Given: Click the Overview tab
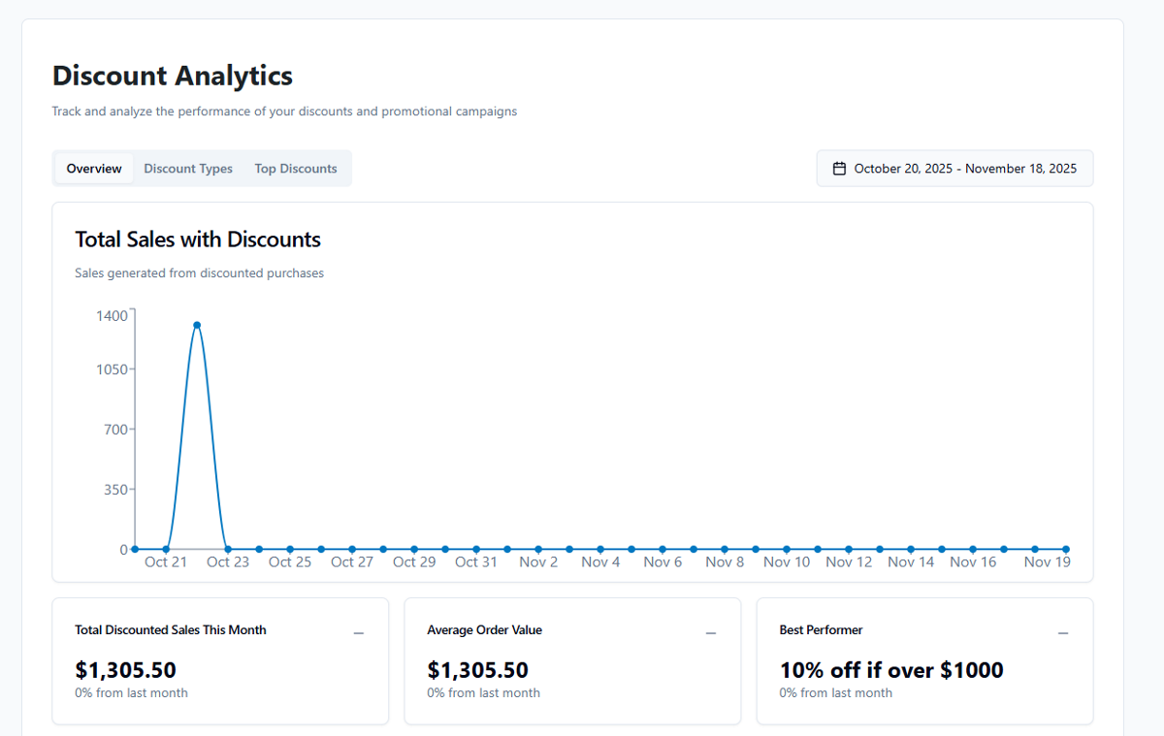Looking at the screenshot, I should point(94,169).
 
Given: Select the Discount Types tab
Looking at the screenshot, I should point(188,169).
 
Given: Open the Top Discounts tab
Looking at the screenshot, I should point(296,169).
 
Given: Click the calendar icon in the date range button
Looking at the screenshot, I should point(840,169).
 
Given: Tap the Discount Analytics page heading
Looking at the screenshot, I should point(173,76).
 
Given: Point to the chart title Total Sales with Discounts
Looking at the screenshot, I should point(198,240).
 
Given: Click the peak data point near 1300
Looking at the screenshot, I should point(197,325).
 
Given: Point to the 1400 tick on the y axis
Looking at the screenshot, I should point(113,315).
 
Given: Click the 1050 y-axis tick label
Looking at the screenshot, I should point(113,369).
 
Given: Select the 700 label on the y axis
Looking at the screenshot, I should point(115,430).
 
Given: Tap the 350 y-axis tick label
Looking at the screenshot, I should point(115,490).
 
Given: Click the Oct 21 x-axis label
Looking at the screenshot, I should point(166,562).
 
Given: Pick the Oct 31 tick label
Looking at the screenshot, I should point(476,562).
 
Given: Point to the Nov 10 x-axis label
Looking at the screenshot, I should point(787,562).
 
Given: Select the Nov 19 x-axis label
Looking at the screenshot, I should point(1048,562).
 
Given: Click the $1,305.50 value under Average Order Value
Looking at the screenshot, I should point(478,670).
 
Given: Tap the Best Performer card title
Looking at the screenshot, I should point(821,630).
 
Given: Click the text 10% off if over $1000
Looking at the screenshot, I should point(891,670).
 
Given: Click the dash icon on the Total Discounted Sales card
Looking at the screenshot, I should point(359,633).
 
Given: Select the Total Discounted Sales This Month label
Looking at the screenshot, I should point(171,630).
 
